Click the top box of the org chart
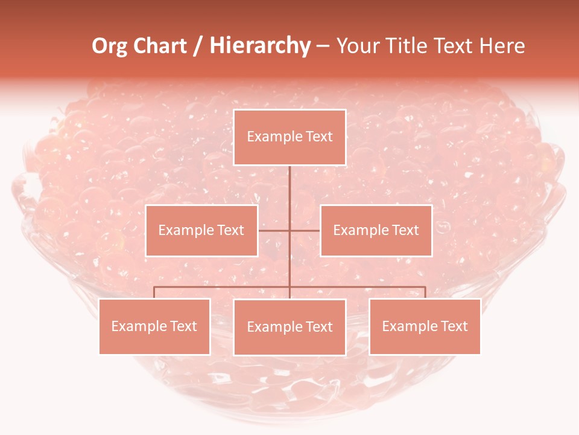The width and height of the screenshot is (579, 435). coord(289,137)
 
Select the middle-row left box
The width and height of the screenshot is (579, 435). coord(201,231)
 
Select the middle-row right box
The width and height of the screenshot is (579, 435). coord(376,231)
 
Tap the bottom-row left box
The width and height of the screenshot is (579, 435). coord(154,326)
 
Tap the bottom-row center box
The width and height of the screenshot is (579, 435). coord(289,327)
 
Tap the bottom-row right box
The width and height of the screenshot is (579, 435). coord(425,326)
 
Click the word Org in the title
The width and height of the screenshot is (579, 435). coord(109,46)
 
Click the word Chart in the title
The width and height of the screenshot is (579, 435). coord(160,46)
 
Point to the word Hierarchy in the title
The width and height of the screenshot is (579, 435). coord(259,46)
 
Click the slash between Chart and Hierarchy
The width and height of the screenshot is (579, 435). coord(198,47)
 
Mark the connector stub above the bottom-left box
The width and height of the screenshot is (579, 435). coord(154,292)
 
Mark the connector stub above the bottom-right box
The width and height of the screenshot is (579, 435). coord(425,292)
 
